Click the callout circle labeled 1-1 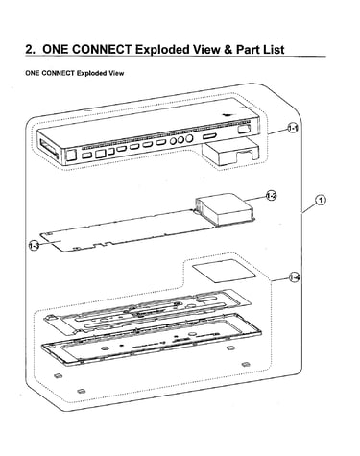coord(293,129)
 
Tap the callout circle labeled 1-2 coord(271,195)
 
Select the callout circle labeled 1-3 coord(35,245)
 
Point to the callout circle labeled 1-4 coord(294,277)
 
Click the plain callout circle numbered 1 coord(320,201)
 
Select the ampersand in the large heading coord(227,50)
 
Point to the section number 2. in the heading coord(31,50)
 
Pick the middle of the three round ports coord(181,140)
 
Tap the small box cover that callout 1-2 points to coord(225,208)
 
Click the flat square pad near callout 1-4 coord(224,271)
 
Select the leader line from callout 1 coord(309,208)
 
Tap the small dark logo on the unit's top coord(228,114)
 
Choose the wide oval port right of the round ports coord(209,136)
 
